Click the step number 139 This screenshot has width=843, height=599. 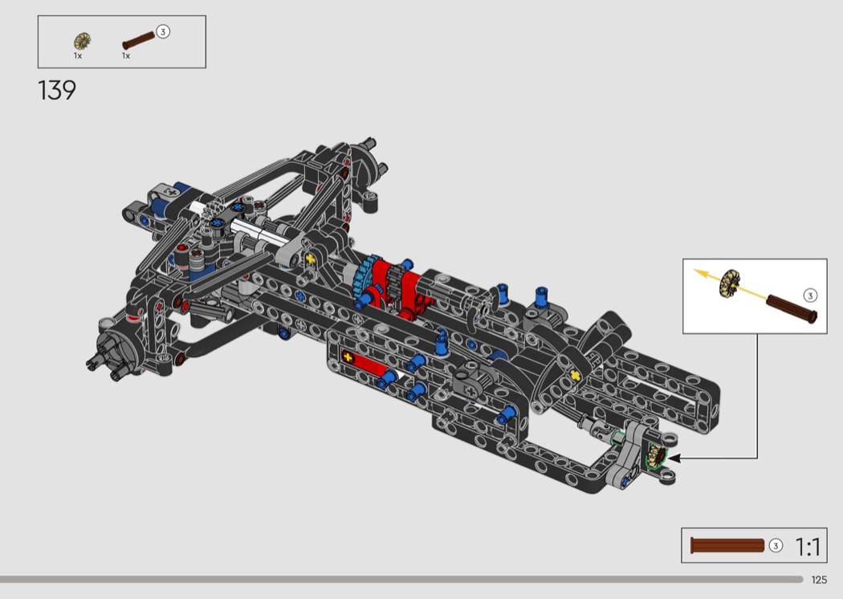57,91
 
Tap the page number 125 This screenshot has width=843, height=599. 819,580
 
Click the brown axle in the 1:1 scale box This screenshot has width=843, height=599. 727,546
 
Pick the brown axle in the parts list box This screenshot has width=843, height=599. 138,41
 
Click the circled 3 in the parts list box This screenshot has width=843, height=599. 163,32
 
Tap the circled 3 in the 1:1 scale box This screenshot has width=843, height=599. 776,546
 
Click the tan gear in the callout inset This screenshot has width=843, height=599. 730,283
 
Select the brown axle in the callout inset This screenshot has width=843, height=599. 792,308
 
